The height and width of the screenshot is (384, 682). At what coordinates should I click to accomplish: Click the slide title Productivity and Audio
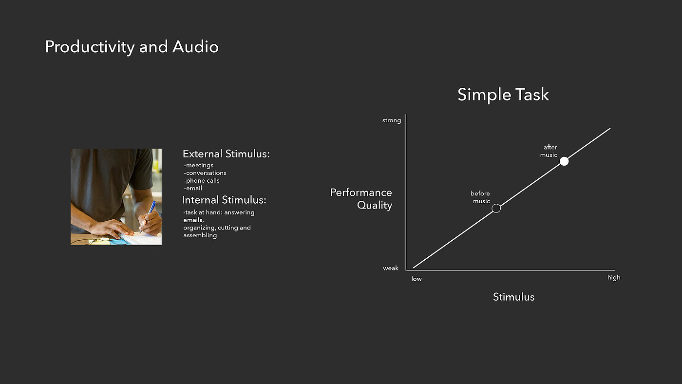pos(132,47)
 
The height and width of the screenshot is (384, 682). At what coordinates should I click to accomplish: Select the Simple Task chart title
pos(503,95)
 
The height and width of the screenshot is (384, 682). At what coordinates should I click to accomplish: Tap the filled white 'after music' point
pos(564,161)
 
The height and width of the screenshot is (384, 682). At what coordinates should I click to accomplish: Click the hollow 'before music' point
pos(496,208)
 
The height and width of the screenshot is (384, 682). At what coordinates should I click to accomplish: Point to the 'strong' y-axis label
pos(392,120)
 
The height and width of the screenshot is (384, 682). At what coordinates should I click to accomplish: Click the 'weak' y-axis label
pos(391,268)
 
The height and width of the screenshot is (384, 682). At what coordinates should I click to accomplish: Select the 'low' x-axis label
pos(417,279)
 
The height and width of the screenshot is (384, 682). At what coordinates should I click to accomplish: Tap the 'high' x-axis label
pos(614,278)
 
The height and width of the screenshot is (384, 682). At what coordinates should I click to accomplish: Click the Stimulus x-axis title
pos(513,297)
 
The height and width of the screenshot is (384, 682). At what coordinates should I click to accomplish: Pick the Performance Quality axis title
pos(361,199)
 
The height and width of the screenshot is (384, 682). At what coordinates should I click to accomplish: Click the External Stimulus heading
pos(226,154)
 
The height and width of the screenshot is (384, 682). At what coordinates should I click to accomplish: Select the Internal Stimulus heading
pos(224,200)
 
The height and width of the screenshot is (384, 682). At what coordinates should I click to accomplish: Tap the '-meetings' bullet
pos(199,165)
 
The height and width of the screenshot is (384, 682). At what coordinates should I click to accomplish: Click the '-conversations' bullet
pos(205,173)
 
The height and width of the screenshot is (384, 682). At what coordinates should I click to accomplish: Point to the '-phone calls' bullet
pos(202,181)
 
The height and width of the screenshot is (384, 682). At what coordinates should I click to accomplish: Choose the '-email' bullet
pos(193,188)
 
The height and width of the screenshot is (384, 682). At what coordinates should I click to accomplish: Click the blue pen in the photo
pos(148,216)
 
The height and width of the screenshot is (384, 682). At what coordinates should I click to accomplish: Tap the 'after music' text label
pos(549,151)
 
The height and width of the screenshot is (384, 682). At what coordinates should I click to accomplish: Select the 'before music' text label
pos(480,197)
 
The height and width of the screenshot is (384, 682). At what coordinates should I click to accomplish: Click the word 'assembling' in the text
pos(200,235)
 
